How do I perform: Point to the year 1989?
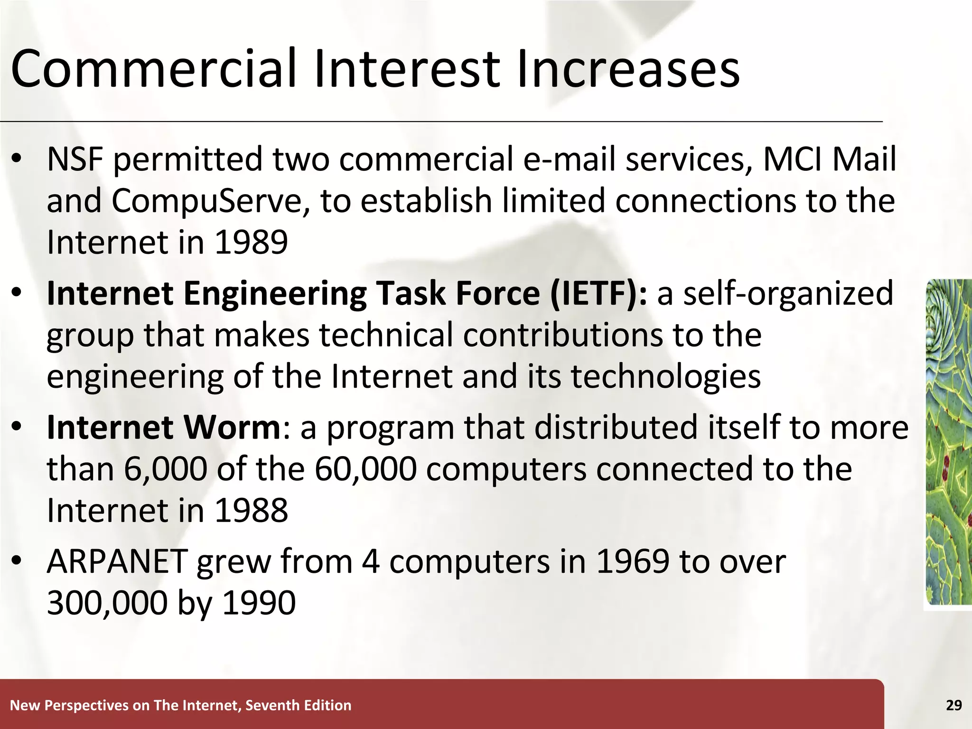252,243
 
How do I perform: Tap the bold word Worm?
233,427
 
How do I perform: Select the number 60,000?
365,469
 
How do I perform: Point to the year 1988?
252,511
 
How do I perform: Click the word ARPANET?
117,561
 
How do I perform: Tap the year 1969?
632,561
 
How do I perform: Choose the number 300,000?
107,603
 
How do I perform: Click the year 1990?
259,603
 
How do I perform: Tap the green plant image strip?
949,441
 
